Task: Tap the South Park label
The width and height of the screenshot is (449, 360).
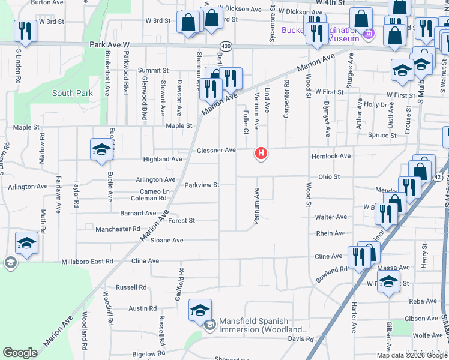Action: pyautogui.click(x=73, y=93)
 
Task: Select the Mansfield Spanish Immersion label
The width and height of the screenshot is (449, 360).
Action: pyautogui.click(x=262, y=325)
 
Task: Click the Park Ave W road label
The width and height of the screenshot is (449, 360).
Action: pyautogui.click(x=110, y=44)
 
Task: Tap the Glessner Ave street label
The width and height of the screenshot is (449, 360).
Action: pyautogui.click(x=216, y=150)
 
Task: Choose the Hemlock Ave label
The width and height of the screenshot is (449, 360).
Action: pyautogui.click(x=331, y=156)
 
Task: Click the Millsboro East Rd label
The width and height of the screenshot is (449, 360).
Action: pyautogui.click(x=88, y=262)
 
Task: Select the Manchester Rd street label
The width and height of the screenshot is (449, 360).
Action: pyautogui.click(x=118, y=229)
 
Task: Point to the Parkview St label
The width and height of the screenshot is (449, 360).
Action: pyautogui.click(x=202, y=185)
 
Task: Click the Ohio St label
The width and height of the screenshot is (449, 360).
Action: pyautogui.click(x=329, y=177)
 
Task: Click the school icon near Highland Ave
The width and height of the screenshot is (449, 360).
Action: pyautogui.click(x=101, y=149)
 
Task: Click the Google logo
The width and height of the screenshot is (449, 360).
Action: pyautogui.click(x=20, y=352)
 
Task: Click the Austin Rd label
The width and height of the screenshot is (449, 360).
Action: pyautogui.click(x=142, y=308)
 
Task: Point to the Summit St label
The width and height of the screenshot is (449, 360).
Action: pyautogui.click(x=149, y=70)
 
